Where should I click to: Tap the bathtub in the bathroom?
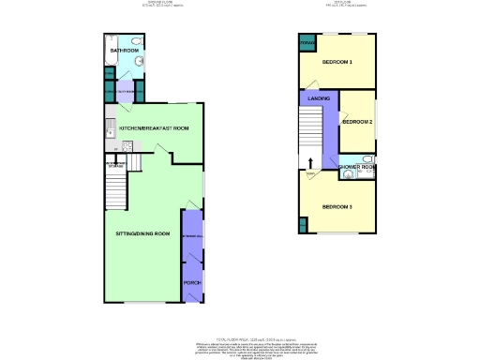tap(109, 65)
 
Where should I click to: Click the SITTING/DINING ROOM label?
tap(142, 232)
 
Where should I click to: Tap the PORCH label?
tap(191, 281)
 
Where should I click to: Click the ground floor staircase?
tap(116, 192)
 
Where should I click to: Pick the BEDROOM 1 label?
tap(337, 62)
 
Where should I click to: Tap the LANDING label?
tap(318, 97)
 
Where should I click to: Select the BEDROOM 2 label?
tap(357, 122)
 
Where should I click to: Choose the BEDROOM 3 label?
tap(337, 206)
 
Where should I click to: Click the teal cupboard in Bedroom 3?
tap(303, 225)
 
